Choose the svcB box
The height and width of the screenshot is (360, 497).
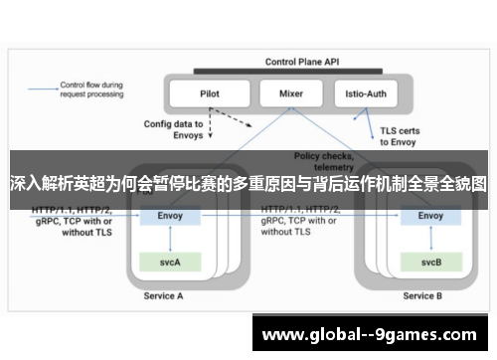[430, 262]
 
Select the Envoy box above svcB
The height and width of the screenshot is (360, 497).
[430, 216]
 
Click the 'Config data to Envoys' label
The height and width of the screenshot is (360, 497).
[174, 128]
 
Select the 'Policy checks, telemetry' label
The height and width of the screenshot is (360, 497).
[324, 162]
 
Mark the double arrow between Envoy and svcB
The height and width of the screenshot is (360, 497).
[430, 239]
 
